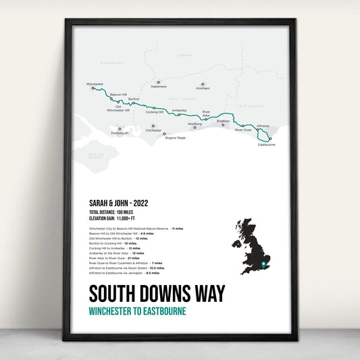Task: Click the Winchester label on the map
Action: (x=95, y=84)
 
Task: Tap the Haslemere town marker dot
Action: (x=158, y=82)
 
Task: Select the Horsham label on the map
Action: (x=203, y=88)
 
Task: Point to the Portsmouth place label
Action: (x=120, y=133)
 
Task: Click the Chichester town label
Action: (x=153, y=130)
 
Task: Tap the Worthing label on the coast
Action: (x=195, y=124)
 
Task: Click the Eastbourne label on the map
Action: (x=266, y=145)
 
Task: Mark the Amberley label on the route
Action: (x=180, y=110)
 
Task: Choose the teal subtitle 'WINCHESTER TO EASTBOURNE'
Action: (x=137, y=311)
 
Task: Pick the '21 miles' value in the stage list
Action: (x=133, y=258)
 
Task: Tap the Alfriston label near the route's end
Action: (x=263, y=126)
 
